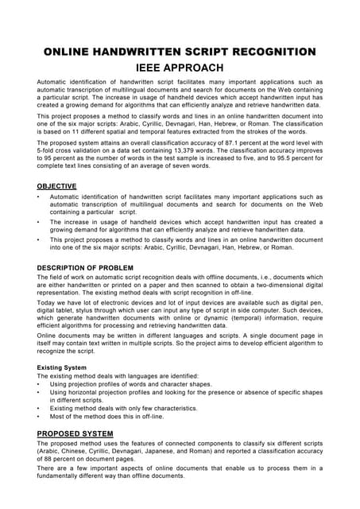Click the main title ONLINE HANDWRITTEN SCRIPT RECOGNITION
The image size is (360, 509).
tap(180, 52)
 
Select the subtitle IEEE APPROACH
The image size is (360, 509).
tap(180, 68)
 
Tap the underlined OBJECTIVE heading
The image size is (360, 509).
tap(57, 186)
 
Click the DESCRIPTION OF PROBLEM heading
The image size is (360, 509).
tap(85, 267)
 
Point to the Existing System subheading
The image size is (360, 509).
tap(64, 367)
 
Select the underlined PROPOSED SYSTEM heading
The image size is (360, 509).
tap(75, 433)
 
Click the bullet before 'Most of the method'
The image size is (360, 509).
tap(40, 417)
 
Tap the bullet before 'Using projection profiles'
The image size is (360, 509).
tap(40, 384)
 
